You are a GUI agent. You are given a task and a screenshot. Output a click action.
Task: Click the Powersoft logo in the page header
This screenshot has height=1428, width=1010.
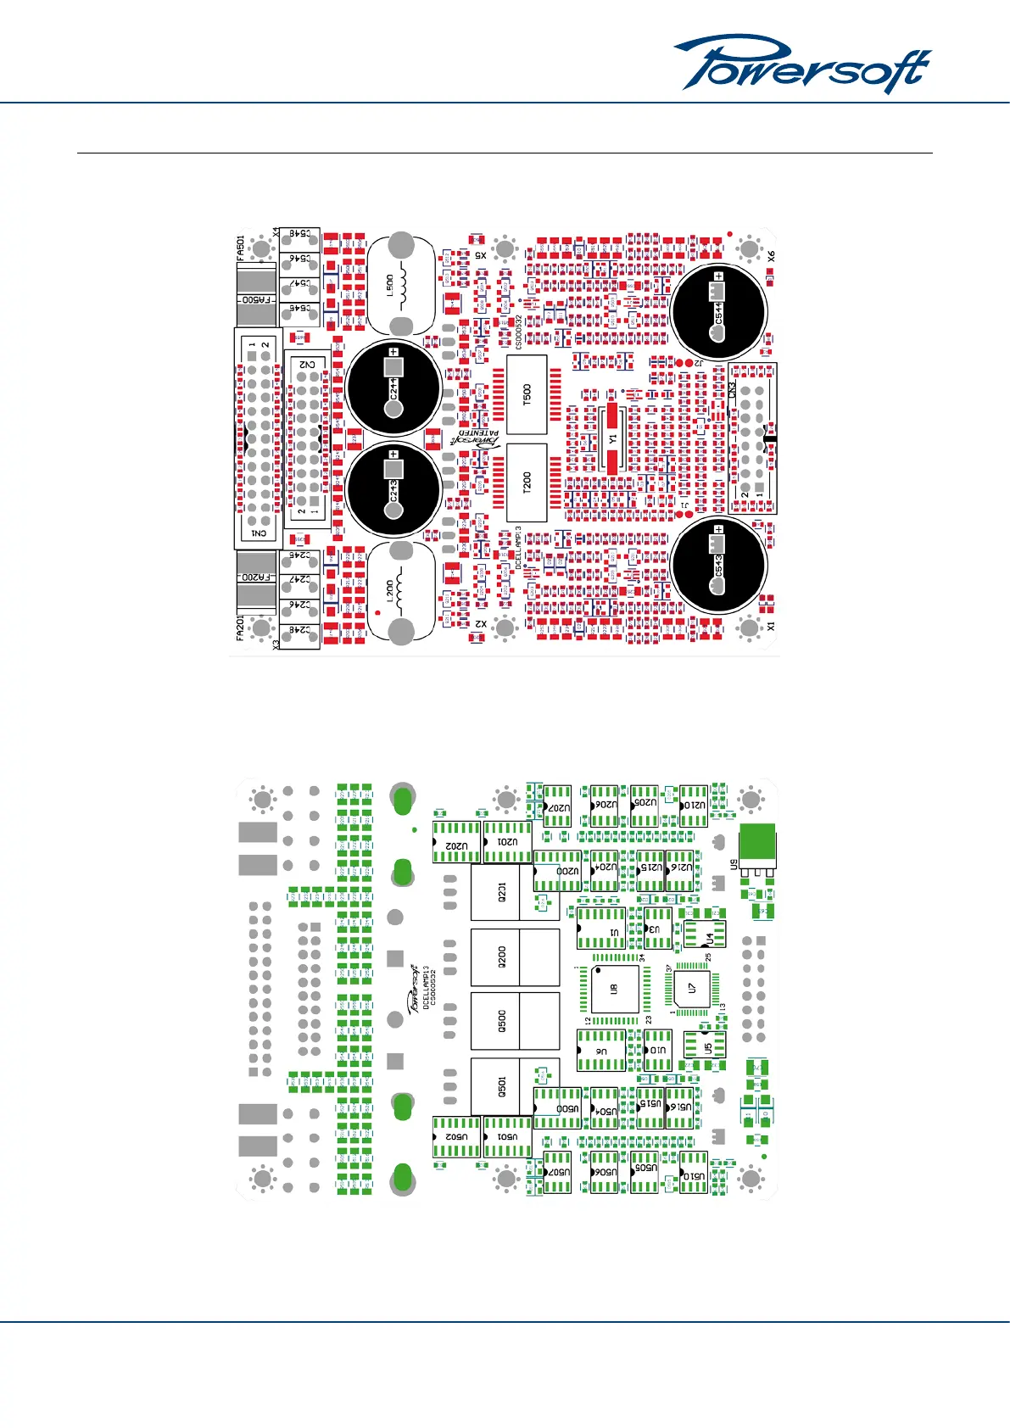point(801,64)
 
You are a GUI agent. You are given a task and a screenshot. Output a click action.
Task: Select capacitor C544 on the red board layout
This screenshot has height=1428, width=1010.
point(718,312)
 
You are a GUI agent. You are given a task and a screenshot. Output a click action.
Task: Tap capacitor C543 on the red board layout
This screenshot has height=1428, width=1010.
point(718,565)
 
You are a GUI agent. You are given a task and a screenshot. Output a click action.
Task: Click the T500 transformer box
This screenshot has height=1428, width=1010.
point(527,393)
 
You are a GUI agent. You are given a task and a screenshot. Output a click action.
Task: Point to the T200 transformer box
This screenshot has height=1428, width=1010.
point(527,482)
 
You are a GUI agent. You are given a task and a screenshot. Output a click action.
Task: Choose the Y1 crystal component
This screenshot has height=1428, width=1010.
point(612,439)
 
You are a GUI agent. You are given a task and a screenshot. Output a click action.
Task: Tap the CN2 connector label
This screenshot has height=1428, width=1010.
point(307,365)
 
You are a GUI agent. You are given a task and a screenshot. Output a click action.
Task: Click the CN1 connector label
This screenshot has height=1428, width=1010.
point(259,533)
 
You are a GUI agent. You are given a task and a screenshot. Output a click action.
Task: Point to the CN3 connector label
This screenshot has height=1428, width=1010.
point(733,390)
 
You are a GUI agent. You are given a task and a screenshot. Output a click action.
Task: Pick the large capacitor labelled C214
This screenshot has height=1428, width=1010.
point(393,388)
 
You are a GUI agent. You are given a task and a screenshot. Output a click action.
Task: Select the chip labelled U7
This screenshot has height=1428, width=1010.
point(692,988)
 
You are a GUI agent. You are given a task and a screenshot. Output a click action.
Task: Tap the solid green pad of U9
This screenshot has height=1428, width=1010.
point(756,843)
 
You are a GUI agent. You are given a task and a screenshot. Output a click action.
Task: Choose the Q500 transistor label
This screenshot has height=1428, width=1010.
point(502,1021)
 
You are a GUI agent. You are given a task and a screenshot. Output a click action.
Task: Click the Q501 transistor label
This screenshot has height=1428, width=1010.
point(502,1086)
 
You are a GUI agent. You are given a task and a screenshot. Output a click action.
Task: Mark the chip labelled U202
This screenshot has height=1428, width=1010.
point(456,845)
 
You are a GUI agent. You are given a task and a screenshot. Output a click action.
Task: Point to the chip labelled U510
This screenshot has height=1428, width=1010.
point(694,1176)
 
